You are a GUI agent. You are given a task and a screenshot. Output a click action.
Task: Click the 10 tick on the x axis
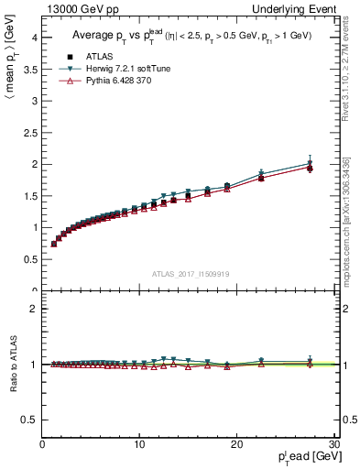tap(139, 444)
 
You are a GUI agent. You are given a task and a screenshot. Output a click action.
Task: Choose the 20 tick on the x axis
tap(236, 444)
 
